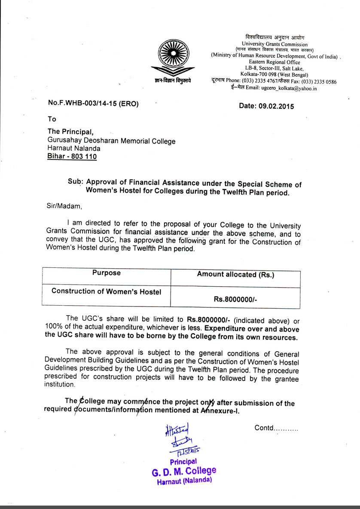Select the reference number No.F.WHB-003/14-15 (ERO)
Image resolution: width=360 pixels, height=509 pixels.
tap(94, 103)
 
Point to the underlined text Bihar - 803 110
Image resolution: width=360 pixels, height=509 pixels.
tap(72, 156)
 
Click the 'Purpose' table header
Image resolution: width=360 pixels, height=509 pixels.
tap(107, 273)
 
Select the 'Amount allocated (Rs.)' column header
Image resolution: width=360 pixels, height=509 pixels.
tap(235, 275)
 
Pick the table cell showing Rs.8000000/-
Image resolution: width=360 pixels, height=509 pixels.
tap(235, 300)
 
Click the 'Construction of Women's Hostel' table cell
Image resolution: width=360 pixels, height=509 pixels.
tap(107, 291)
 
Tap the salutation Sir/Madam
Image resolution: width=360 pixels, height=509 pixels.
tap(64, 205)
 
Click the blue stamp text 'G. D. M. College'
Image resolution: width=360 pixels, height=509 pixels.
tap(184, 472)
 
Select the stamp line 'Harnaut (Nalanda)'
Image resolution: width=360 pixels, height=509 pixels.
tap(184, 481)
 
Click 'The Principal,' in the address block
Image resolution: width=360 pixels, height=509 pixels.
tap(70, 132)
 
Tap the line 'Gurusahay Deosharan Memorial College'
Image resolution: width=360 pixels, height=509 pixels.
tap(111, 141)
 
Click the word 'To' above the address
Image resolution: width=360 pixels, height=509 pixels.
tap(52, 119)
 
